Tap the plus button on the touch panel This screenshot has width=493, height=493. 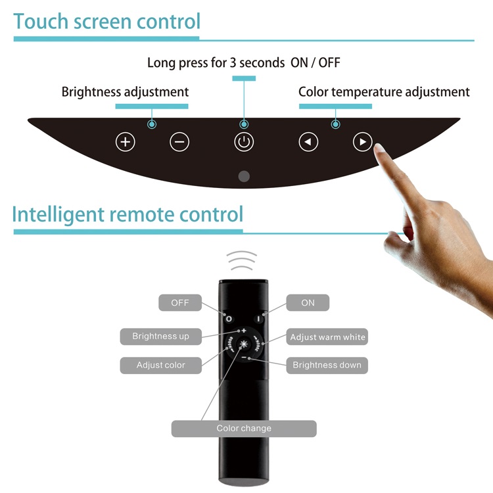[125, 141]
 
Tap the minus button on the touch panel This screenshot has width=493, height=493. [179, 141]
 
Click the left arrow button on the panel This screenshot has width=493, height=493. [308, 141]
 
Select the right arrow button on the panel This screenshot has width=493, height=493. [363, 141]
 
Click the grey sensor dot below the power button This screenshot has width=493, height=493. [244, 176]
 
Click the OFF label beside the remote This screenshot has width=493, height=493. [180, 303]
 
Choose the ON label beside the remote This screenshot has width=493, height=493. [308, 303]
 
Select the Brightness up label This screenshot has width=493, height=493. [160, 337]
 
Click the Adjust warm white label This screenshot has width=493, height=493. [327, 337]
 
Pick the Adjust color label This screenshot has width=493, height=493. [160, 365]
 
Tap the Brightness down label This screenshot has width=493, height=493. [327, 365]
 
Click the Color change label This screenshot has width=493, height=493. [244, 429]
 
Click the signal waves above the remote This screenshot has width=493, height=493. [243, 261]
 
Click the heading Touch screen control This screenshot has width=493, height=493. [106, 21]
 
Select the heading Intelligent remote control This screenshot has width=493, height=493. [128, 214]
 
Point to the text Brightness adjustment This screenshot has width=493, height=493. [125, 92]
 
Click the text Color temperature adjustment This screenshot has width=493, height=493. [384, 92]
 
